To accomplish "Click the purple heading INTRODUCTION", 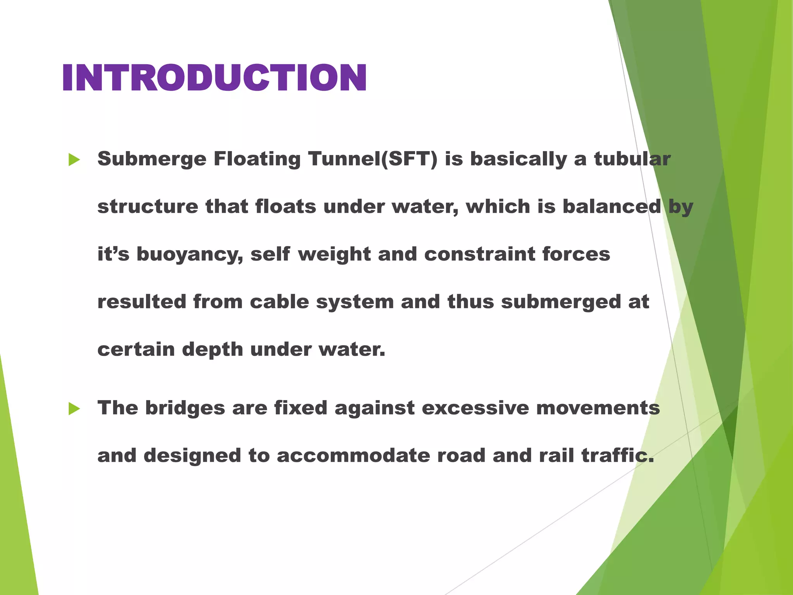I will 214,78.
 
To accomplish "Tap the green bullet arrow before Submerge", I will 74,159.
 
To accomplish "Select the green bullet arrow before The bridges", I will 74,408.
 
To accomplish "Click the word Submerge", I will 152,159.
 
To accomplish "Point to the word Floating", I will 257,159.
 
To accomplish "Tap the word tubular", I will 632,159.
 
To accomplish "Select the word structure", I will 148,206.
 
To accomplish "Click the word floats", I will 285,206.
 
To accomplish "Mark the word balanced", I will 611,206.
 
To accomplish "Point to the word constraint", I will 479,254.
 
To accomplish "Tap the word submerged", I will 561,302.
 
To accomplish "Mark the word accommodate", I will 353,456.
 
